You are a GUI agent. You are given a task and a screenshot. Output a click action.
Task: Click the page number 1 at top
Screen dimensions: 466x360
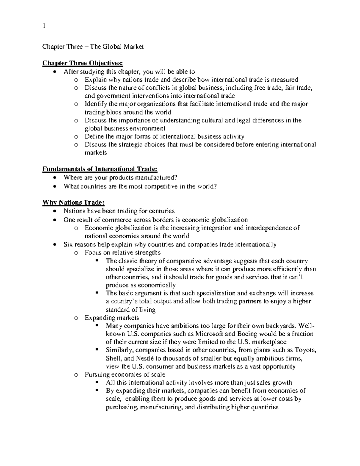[x=44, y=26]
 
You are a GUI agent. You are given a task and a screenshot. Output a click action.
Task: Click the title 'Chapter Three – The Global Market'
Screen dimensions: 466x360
[x=93, y=47]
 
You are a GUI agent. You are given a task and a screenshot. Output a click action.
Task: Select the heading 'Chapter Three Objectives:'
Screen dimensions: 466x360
[x=82, y=63]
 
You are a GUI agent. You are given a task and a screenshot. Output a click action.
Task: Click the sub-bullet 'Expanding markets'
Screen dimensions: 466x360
[x=112, y=317]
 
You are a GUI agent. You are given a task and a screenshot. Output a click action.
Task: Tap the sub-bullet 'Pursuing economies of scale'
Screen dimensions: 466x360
[x=125, y=374]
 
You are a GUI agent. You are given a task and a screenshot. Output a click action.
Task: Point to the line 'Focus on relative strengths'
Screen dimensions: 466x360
[x=122, y=252]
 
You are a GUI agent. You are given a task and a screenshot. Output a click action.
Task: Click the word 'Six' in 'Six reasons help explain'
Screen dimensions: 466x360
[x=68, y=244]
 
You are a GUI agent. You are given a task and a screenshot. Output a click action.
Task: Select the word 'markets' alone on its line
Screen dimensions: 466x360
[x=95, y=152]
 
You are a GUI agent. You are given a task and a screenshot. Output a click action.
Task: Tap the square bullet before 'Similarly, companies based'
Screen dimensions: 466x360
[x=97, y=350]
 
